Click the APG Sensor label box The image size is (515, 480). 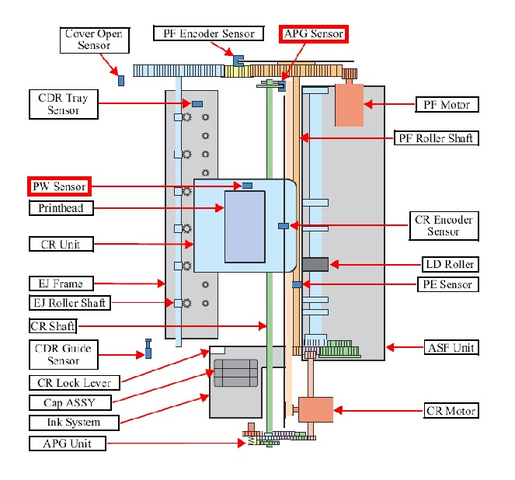coord(313,34)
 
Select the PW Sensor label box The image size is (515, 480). coord(60,186)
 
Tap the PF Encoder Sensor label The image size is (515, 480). coord(208,33)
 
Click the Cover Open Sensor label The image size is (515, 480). coord(95,40)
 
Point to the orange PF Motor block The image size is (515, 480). coord(349,105)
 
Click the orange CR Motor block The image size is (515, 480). coord(315,410)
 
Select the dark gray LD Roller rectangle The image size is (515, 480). coord(315,264)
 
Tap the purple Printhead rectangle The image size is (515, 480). coord(245,227)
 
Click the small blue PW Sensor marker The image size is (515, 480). coord(247,186)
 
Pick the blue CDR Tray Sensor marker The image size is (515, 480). coord(197,104)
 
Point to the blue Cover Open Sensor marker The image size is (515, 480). coord(121,81)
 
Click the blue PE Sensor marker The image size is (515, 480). coord(297,284)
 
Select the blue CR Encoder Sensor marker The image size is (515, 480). coord(284,226)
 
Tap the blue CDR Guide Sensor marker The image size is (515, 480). coord(148,349)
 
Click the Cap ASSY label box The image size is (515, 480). coord(70,403)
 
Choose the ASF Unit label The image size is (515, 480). coord(451,348)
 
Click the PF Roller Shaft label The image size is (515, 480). coord(437,138)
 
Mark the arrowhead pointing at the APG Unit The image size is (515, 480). coord(242,443)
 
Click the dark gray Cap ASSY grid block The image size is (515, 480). coord(235,373)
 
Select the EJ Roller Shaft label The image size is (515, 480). coord(70,303)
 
